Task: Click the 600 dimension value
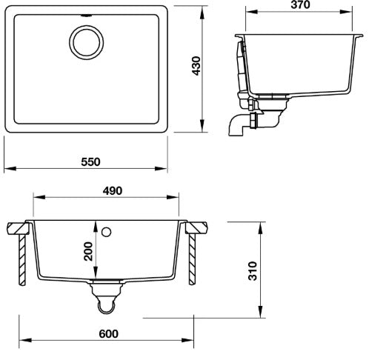109,335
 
